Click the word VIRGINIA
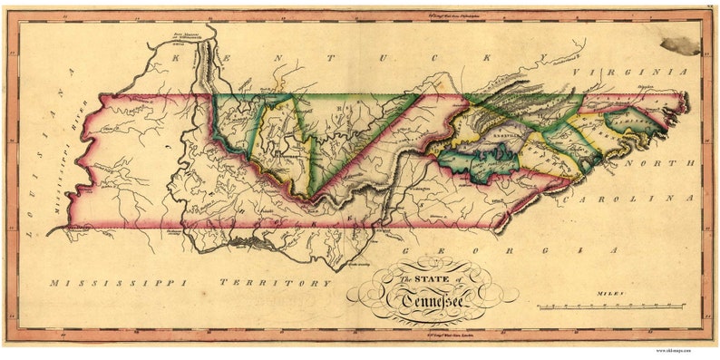pos(638,72)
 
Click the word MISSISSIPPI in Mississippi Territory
pos(119,283)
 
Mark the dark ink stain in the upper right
pos(681,44)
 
